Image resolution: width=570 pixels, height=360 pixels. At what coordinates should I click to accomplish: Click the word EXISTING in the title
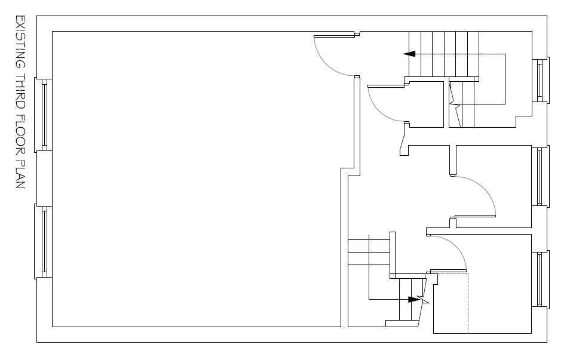coord(20,39)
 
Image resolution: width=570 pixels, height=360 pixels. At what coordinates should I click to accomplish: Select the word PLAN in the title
coord(20,175)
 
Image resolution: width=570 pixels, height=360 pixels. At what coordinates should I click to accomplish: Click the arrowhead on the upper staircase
coord(410,54)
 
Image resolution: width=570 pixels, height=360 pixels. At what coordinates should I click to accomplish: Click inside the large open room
coord(197,179)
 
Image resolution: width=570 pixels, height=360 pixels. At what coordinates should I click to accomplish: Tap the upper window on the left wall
coord(44,113)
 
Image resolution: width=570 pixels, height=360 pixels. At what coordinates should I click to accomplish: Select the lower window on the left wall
coord(44,242)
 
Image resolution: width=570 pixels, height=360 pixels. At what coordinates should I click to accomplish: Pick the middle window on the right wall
coord(540,177)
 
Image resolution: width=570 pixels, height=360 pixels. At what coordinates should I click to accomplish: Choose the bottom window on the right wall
coord(540,279)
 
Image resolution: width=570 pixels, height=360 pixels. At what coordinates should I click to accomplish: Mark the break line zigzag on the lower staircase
coord(425,297)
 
